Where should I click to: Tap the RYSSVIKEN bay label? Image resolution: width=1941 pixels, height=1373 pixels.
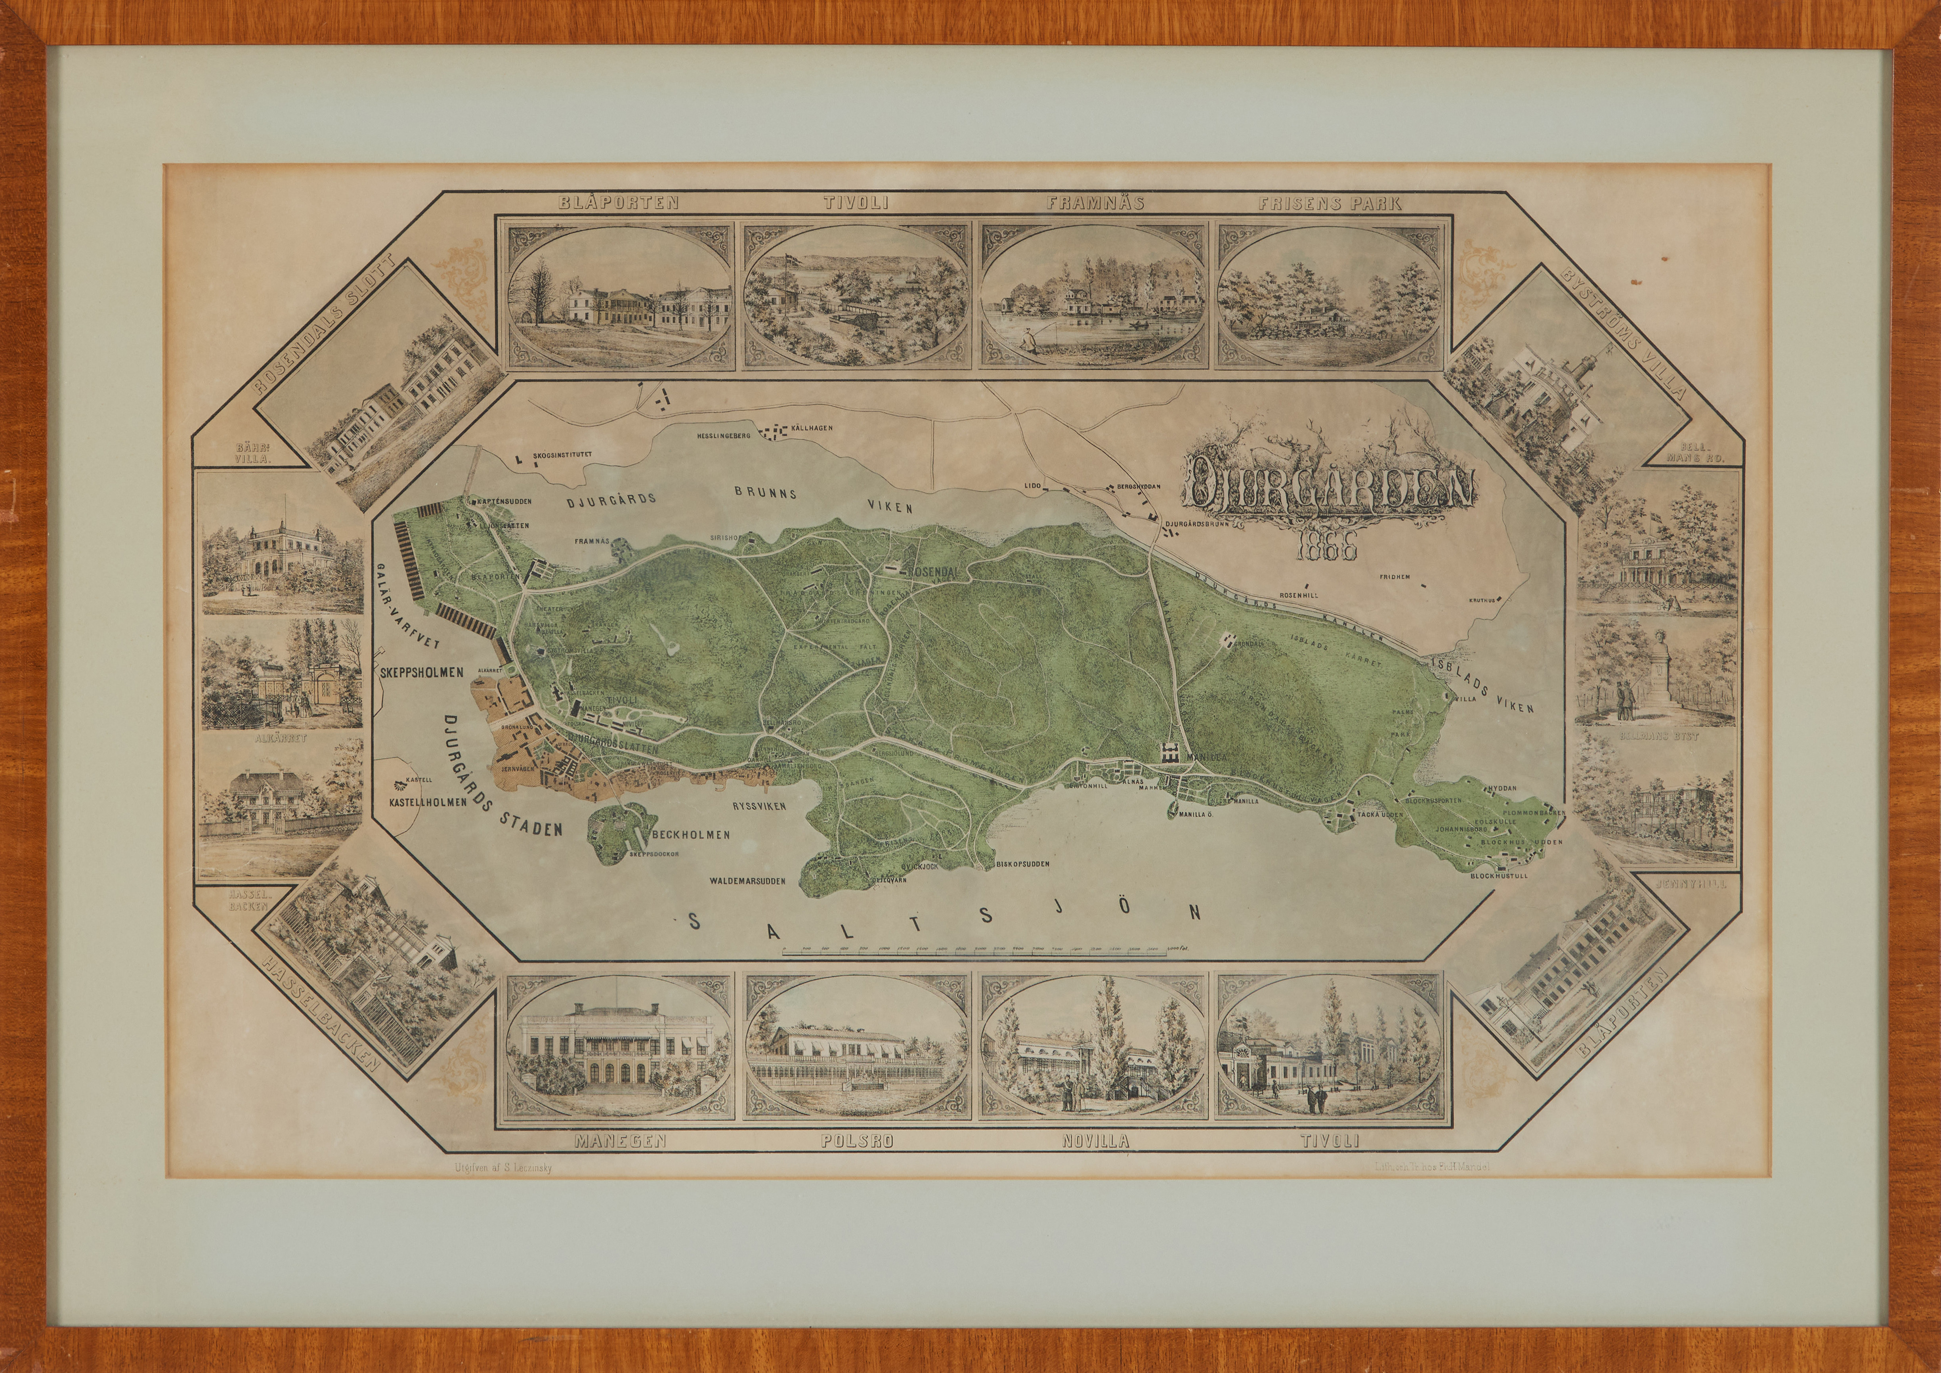click(759, 806)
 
